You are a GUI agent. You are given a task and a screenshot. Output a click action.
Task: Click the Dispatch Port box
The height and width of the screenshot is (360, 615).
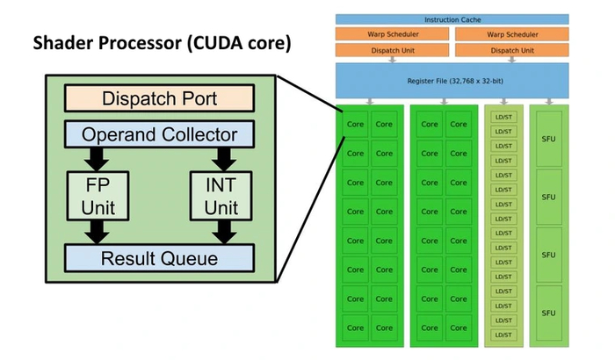159,97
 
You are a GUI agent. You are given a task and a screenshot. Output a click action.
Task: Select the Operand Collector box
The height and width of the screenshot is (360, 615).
159,135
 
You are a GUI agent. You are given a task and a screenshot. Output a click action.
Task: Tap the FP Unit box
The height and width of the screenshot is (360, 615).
98,195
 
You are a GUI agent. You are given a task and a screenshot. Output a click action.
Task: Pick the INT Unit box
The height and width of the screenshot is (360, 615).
221,195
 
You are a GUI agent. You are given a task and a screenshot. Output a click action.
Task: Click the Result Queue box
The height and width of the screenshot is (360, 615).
159,258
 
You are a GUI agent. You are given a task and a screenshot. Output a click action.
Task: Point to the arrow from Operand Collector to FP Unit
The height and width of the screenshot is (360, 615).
98,158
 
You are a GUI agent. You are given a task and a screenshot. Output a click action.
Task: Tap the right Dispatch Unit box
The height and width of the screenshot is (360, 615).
513,50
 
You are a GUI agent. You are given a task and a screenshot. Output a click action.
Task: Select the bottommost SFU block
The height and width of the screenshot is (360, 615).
548,313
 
